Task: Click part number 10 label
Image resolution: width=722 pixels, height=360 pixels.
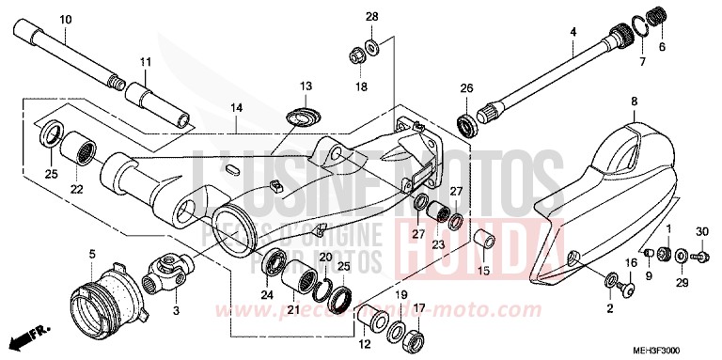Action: tap(65, 20)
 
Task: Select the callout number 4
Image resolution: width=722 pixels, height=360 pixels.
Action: tap(572, 32)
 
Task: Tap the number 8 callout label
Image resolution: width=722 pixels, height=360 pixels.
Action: tap(634, 101)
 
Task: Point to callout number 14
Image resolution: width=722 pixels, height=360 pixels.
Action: tap(235, 108)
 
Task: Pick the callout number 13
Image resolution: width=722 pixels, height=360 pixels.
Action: tap(306, 86)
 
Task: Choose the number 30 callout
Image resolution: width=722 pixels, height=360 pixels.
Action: tap(700, 231)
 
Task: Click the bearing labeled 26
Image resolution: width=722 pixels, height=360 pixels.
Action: tap(465, 121)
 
